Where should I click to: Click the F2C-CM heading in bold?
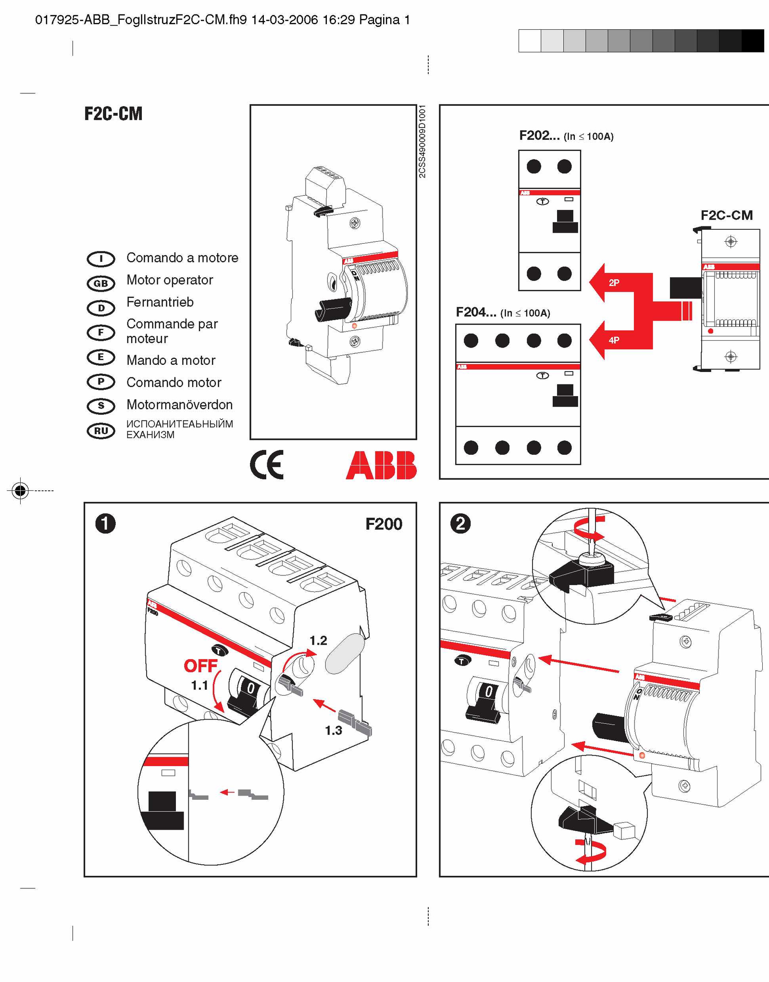click(x=113, y=114)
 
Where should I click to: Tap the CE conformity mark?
click(x=267, y=465)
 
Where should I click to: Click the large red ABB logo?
click(x=381, y=465)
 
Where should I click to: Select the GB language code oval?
click(x=101, y=283)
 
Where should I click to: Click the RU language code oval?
click(x=101, y=431)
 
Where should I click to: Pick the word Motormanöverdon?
click(x=179, y=405)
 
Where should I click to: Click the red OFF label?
click(x=200, y=666)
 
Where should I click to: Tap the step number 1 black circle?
click(x=105, y=523)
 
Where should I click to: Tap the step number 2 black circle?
click(x=460, y=523)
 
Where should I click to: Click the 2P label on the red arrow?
click(x=614, y=283)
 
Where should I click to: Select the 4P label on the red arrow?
click(x=614, y=340)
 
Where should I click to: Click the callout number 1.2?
click(x=318, y=640)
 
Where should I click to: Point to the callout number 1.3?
click(x=333, y=731)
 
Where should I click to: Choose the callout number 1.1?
click(x=199, y=685)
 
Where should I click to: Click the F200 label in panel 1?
click(x=384, y=524)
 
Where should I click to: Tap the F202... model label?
click(x=539, y=136)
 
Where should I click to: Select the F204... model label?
click(x=476, y=312)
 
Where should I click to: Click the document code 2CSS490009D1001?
click(x=422, y=141)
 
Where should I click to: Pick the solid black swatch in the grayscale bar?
click(x=753, y=41)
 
